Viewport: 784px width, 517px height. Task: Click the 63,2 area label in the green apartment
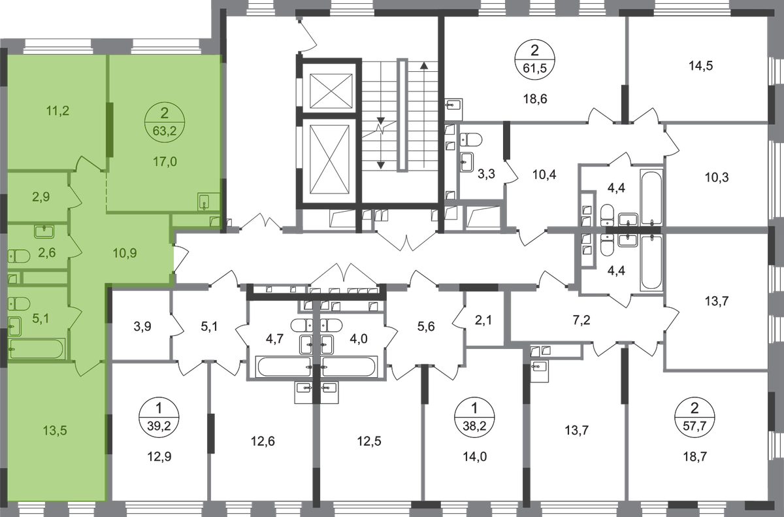(x=165, y=131)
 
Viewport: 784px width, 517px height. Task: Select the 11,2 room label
(x=57, y=111)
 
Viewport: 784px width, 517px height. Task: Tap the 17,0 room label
(x=165, y=161)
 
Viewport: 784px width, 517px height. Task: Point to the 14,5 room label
(x=701, y=66)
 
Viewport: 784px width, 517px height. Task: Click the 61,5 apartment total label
(x=535, y=68)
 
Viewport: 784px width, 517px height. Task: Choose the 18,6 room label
(x=535, y=99)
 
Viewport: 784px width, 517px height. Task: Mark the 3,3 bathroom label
(x=487, y=174)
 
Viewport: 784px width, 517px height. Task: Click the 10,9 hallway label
(x=125, y=253)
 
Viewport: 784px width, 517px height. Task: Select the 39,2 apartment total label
(x=159, y=425)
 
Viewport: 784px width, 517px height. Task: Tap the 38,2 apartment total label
(x=474, y=425)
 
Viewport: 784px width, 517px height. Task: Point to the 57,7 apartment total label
(x=694, y=425)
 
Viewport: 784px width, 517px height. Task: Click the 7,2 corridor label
(x=581, y=320)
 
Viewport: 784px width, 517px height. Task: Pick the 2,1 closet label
(x=484, y=320)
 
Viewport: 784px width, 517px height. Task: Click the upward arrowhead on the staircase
(x=424, y=65)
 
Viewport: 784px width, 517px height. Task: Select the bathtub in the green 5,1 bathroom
(x=37, y=348)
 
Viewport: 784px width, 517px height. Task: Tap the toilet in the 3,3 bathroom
(x=471, y=140)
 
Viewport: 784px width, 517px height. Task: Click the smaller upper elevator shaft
(x=331, y=91)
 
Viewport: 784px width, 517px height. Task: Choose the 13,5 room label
(x=55, y=431)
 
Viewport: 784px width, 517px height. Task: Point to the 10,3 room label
(x=717, y=178)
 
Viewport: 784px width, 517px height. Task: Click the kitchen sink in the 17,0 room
(x=204, y=202)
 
